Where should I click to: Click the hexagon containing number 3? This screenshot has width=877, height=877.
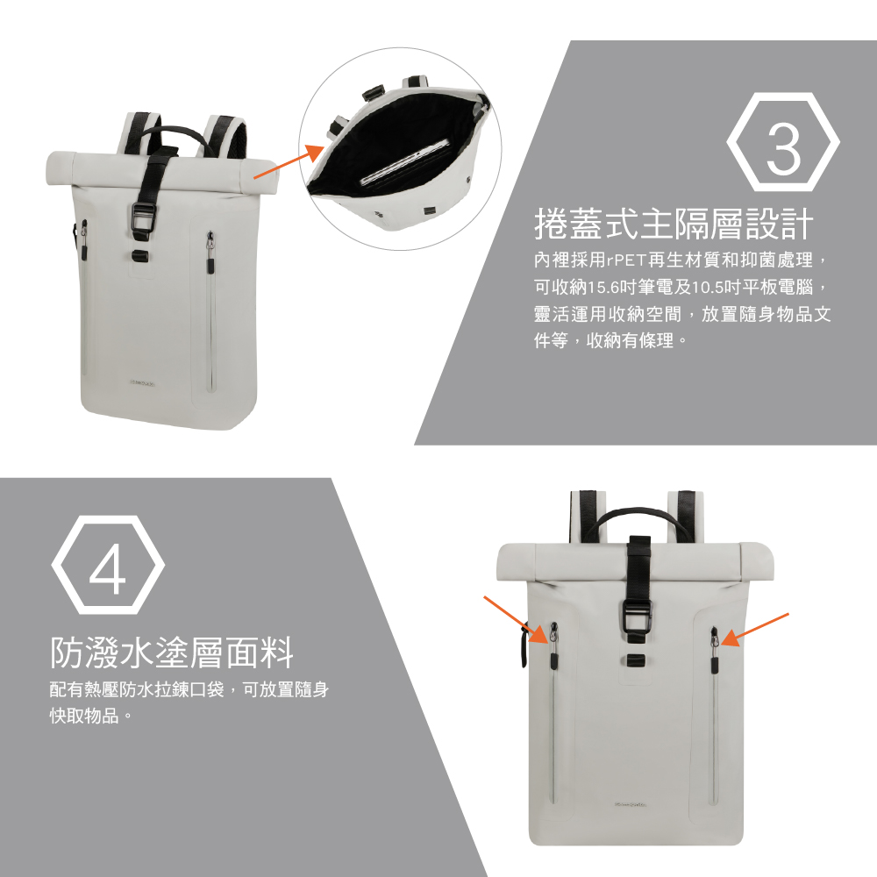[783, 146]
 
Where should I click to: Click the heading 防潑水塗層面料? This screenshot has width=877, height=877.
[171, 652]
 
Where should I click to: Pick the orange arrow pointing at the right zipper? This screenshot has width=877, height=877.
[755, 629]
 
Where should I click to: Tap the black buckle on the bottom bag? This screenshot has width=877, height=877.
[638, 624]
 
